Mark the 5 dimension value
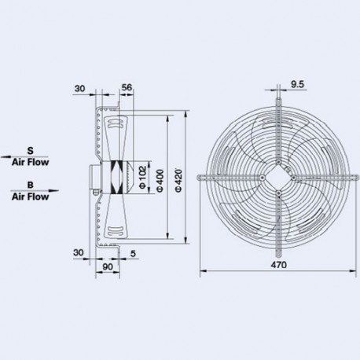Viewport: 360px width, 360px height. coord(135,254)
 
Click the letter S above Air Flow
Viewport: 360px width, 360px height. coord(30,149)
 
